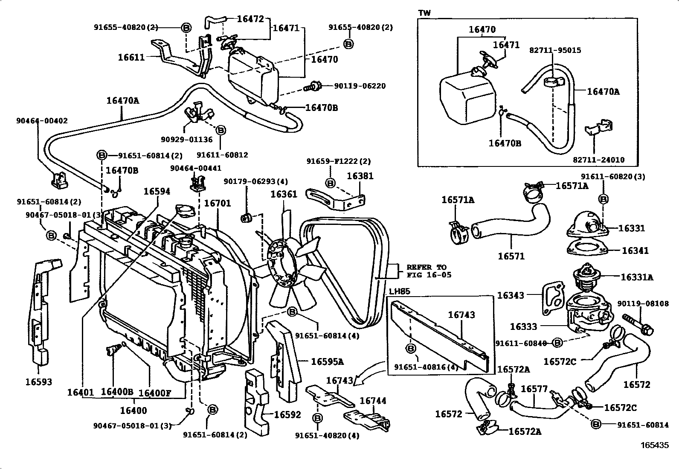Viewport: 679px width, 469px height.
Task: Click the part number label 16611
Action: click(x=131, y=57)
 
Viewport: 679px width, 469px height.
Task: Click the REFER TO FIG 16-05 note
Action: click(x=428, y=271)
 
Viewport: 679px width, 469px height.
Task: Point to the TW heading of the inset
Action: click(x=425, y=13)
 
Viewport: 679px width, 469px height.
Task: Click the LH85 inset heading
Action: click(x=399, y=291)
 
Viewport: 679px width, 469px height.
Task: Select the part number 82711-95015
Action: click(x=555, y=50)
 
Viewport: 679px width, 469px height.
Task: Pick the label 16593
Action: click(x=39, y=382)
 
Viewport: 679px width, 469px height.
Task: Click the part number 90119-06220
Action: click(x=360, y=86)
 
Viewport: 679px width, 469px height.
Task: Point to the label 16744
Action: click(x=373, y=401)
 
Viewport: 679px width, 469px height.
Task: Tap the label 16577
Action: click(x=534, y=389)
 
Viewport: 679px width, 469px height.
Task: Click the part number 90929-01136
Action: click(x=181, y=139)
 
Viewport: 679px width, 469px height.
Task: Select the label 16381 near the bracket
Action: click(x=360, y=176)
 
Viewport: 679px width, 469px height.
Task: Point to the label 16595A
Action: click(x=327, y=362)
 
